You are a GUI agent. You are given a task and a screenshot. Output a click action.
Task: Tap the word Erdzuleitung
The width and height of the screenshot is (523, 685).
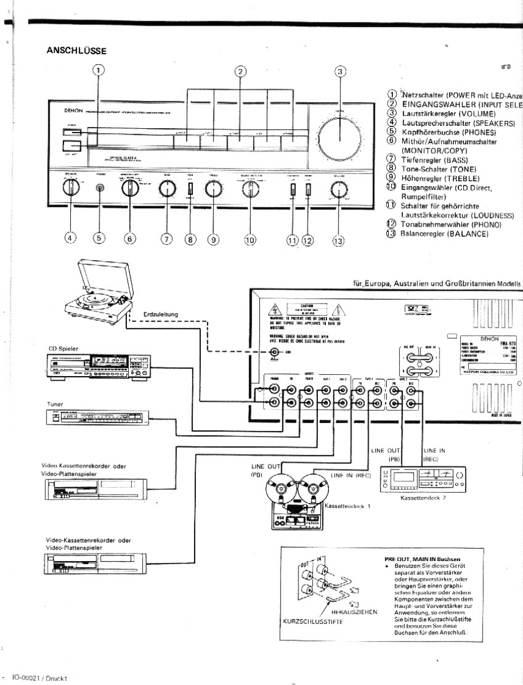(161, 314)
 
